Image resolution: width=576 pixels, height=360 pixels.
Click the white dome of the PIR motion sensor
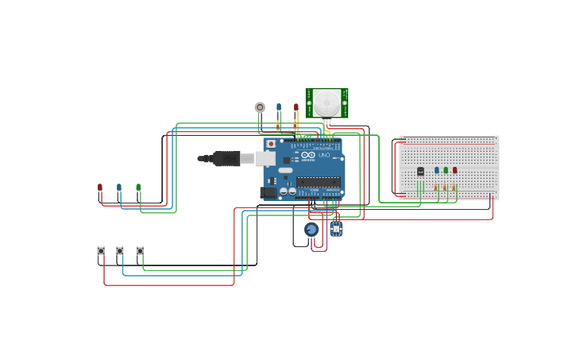(327, 103)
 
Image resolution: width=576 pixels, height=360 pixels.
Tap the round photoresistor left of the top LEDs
(260, 107)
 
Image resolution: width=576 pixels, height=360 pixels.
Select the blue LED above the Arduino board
(279, 107)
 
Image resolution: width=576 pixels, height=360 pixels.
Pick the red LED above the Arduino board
(296, 107)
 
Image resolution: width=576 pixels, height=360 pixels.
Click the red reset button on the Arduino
(271, 145)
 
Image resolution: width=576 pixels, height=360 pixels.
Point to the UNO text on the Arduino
(324, 154)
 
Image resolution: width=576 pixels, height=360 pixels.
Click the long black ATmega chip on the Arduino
(319, 182)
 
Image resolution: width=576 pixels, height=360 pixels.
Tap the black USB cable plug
(226, 159)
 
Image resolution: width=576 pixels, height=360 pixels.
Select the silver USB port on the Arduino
(265, 159)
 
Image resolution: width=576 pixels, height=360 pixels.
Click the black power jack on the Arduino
(269, 192)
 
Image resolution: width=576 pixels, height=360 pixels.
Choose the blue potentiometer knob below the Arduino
(311, 230)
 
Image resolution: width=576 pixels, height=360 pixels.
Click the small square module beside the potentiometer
(336, 229)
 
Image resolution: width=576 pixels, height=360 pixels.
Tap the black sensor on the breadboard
(420, 172)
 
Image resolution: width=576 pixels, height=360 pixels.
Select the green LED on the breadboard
(446, 170)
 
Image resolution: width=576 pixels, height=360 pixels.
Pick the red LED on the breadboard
(455, 170)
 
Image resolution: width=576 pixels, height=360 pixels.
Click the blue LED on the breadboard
(437, 170)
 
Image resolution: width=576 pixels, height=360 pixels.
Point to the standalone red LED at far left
(100, 188)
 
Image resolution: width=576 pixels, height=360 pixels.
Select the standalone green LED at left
(138, 188)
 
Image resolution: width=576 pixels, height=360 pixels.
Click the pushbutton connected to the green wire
(140, 251)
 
